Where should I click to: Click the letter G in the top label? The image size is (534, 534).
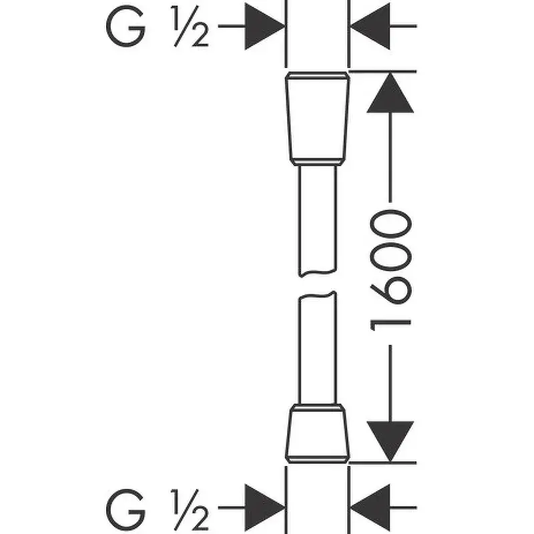125,27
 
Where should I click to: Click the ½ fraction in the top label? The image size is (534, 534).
190,27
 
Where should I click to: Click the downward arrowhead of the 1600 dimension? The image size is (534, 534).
390,441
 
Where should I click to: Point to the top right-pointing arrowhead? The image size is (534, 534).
264,27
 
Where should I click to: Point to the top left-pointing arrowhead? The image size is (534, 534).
371,27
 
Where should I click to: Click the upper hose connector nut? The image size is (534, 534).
318,117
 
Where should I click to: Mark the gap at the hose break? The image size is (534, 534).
318,284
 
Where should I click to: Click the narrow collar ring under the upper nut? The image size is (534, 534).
318,162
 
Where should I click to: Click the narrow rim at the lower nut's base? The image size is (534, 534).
318,459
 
